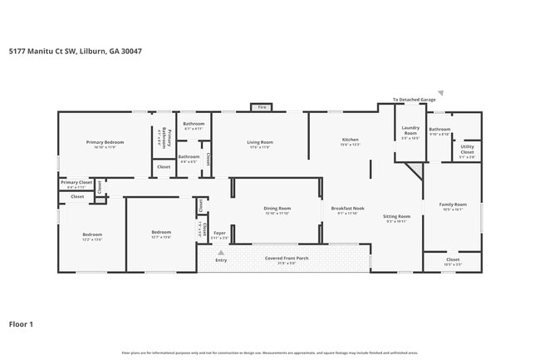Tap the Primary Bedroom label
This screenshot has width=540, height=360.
(106, 142)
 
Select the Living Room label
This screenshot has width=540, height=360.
(260, 142)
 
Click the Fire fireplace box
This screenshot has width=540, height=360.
(262, 107)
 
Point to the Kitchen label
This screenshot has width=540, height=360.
(351, 140)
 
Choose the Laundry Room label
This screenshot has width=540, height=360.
(410, 131)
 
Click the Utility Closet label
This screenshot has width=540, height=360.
(467, 150)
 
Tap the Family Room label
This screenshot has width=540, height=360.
(453, 204)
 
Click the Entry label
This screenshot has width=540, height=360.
(221, 260)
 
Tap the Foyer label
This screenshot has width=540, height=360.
(219, 233)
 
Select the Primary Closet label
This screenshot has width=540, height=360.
(76, 181)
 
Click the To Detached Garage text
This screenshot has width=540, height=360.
(415, 99)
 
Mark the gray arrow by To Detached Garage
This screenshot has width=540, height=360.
(441, 93)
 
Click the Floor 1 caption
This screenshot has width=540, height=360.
(21, 324)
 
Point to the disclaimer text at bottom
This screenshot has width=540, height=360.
(269, 352)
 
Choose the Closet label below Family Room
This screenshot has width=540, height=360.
(453, 260)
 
